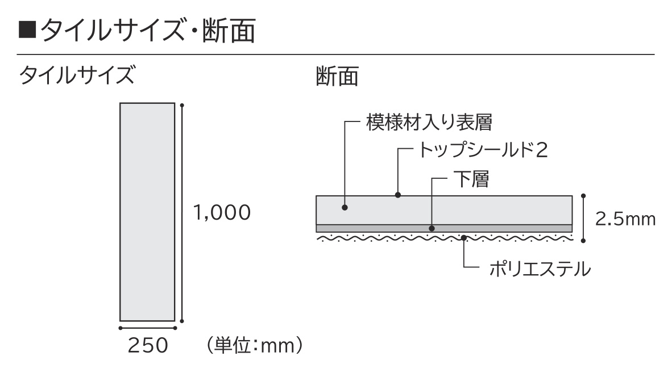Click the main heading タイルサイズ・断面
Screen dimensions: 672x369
(148, 31)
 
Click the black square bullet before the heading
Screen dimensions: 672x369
(27, 31)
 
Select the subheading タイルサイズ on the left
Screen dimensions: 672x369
(77, 76)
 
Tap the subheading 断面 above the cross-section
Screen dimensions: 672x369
(337, 77)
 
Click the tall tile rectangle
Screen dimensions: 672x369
(147, 212)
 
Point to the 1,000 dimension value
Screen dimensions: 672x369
(222, 212)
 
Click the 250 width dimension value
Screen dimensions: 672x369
(148, 346)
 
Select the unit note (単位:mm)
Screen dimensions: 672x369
(255, 346)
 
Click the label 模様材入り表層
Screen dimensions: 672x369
(429, 123)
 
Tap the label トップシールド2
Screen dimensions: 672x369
(483, 150)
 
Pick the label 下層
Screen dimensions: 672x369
(471, 179)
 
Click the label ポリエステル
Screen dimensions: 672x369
(540, 269)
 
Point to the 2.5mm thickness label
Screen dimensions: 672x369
(625, 219)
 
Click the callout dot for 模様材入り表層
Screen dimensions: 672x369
(345, 208)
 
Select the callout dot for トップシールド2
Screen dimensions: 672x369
(398, 195)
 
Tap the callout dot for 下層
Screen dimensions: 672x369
(432, 229)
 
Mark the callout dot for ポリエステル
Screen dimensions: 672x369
(464, 237)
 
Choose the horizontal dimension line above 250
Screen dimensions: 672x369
(147, 328)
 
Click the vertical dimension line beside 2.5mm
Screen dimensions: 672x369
(583, 219)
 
